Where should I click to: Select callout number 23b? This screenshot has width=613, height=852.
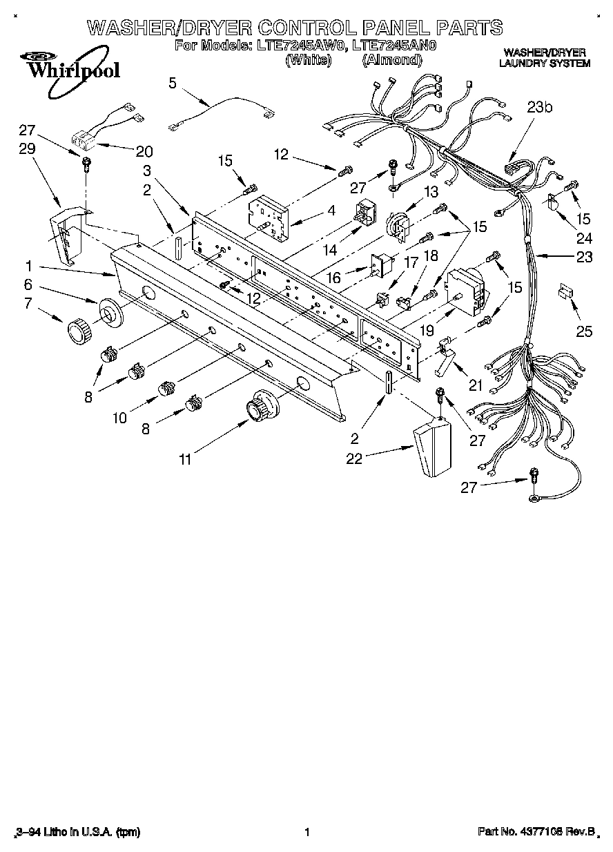pyautogui.click(x=540, y=108)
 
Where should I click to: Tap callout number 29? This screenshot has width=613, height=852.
pyautogui.click(x=26, y=149)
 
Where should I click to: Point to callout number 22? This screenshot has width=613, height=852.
pyautogui.click(x=354, y=458)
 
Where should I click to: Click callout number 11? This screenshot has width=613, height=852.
pyautogui.click(x=184, y=459)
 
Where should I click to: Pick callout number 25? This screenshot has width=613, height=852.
pyautogui.click(x=584, y=331)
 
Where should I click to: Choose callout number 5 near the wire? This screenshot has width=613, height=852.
pyautogui.click(x=173, y=83)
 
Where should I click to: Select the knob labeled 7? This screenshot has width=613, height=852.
pyautogui.click(x=78, y=330)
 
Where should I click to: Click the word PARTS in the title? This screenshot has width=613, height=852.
pyautogui.click(x=469, y=28)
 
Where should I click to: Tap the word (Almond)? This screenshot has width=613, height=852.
pyautogui.click(x=391, y=60)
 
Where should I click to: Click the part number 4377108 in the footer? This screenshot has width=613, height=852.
pyautogui.click(x=547, y=832)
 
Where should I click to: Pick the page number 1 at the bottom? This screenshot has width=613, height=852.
pyautogui.click(x=306, y=832)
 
